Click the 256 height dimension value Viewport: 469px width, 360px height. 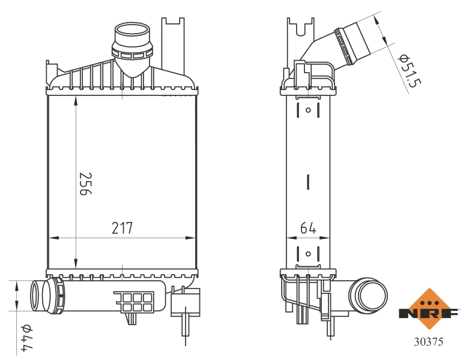(84, 184)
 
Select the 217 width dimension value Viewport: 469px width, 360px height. (122, 228)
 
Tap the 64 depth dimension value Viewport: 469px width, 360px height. (307, 228)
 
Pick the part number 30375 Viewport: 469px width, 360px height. (429, 343)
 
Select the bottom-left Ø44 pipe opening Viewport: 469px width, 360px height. (37, 296)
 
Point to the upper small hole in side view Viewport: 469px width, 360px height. (308, 110)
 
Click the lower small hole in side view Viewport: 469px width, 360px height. (308, 254)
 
